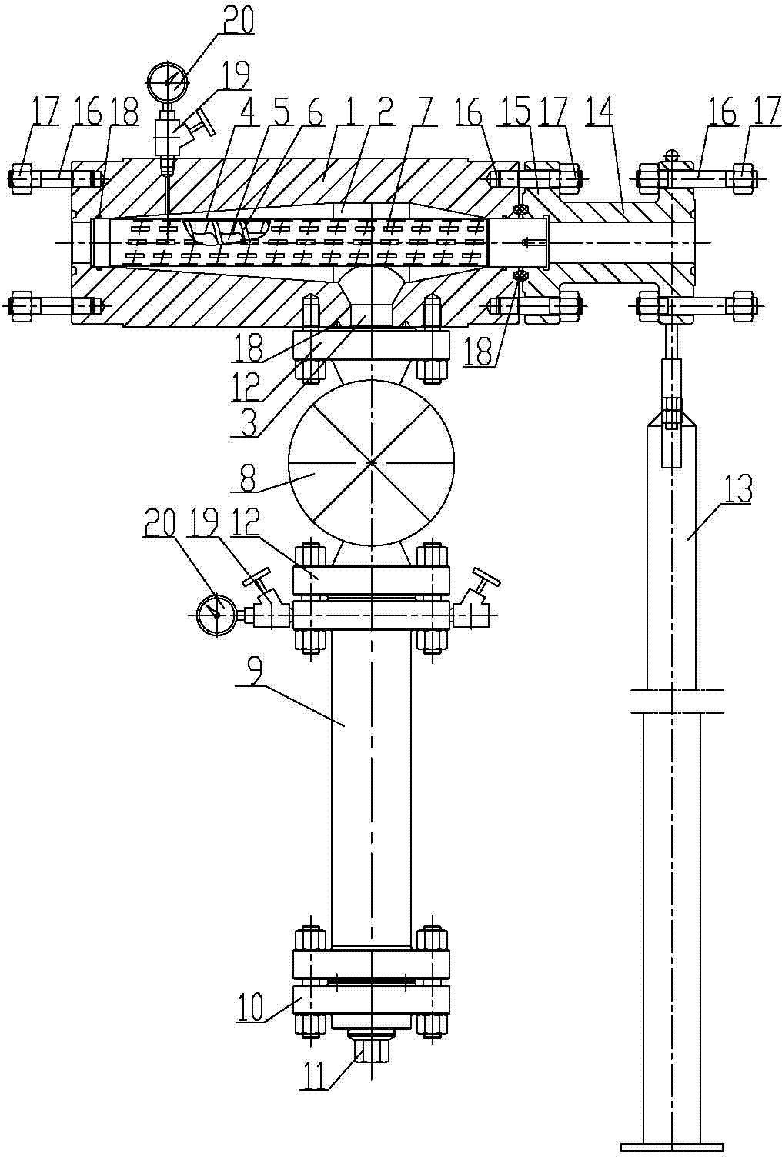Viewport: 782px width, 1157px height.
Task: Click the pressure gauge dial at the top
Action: (x=168, y=81)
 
